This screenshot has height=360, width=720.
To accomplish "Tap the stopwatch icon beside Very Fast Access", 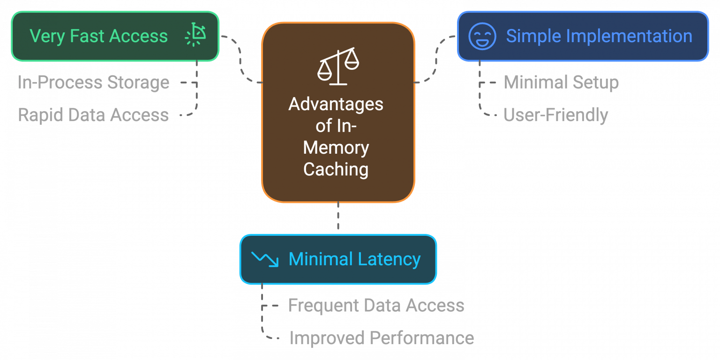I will click(195, 36).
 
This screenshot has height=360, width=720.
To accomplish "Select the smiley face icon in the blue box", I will click(482, 36).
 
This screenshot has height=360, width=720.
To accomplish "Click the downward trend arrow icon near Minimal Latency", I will click(265, 259).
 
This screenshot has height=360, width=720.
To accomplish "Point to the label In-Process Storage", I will click(94, 82).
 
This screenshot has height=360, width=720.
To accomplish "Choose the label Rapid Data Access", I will click(93, 115).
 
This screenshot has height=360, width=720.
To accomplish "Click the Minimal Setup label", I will click(561, 82).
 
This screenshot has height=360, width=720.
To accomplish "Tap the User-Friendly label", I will click(556, 115).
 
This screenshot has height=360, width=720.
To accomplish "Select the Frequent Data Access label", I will click(376, 306).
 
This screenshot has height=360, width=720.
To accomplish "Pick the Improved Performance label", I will click(382, 338).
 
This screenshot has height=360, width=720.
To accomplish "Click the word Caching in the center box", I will click(336, 169).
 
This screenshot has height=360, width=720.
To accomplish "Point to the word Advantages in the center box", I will click(336, 104).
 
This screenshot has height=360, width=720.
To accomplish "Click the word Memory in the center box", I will click(336, 148).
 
